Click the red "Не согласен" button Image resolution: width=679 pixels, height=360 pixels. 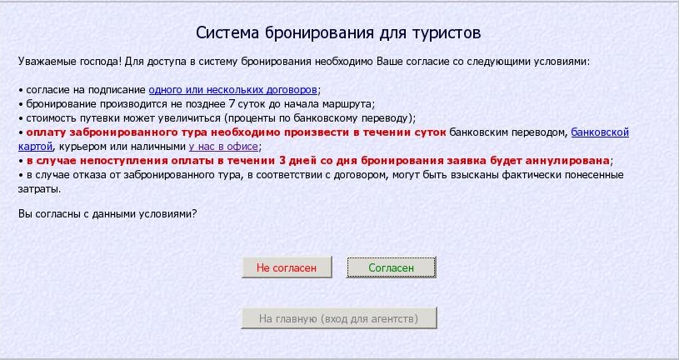click(287, 267)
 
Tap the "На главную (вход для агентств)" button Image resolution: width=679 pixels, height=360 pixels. click(338, 318)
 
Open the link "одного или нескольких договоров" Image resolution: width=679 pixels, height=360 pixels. click(233, 90)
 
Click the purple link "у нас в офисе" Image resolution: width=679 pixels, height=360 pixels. click(223, 147)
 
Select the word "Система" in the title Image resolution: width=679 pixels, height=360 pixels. click(227, 33)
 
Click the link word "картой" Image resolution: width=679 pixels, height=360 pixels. click(36, 147)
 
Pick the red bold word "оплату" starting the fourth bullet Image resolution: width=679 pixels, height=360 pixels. click(46, 132)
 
